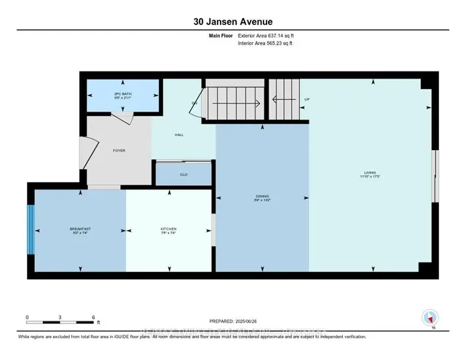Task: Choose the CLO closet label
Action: pos(183,175)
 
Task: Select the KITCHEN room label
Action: pos(168,229)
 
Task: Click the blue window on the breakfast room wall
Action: pos(31,230)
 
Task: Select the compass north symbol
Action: pos(430,317)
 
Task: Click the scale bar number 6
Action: pos(93,317)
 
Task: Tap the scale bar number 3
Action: pos(60,317)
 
